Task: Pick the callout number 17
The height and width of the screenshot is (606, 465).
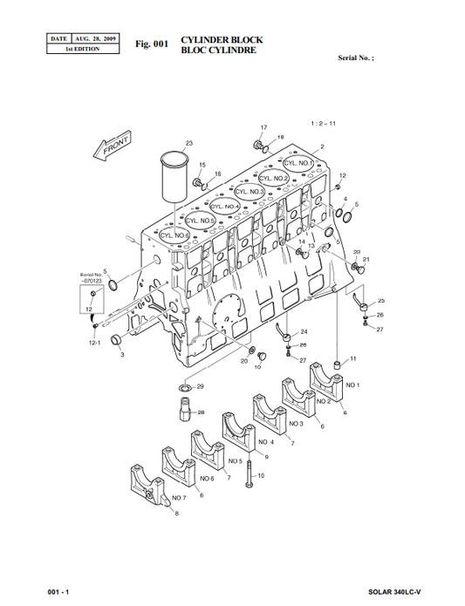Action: (x=263, y=128)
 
